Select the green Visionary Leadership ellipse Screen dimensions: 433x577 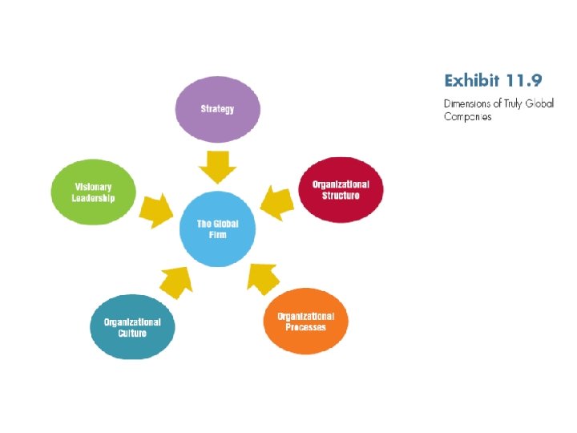[94, 192]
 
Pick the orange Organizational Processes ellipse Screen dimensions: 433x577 [305, 322]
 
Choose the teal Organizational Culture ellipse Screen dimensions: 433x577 [132, 327]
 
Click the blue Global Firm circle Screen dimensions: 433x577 [217, 229]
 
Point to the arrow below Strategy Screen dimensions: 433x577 [217, 166]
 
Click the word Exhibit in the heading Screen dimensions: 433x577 [470, 80]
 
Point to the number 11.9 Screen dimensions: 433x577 [522, 80]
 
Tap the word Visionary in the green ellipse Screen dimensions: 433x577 [94, 186]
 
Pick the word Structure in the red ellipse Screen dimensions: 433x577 [341, 196]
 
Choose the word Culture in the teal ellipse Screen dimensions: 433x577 [132, 333]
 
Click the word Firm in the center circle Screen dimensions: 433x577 [217, 234]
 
